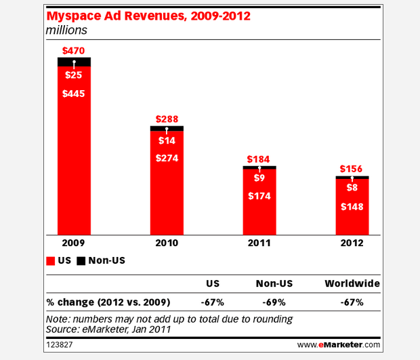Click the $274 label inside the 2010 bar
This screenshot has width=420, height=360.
coord(167,158)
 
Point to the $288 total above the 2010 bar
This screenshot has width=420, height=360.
coord(167,118)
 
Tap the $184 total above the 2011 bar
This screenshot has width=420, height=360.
coord(259,159)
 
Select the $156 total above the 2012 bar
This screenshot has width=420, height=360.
coord(352,169)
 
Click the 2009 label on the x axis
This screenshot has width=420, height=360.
coord(74,243)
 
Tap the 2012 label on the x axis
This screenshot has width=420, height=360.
coord(352,243)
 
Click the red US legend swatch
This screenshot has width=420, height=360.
coord(49,260)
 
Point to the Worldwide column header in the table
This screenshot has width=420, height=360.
coord(352,283)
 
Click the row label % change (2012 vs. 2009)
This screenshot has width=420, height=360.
coord(106,301)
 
